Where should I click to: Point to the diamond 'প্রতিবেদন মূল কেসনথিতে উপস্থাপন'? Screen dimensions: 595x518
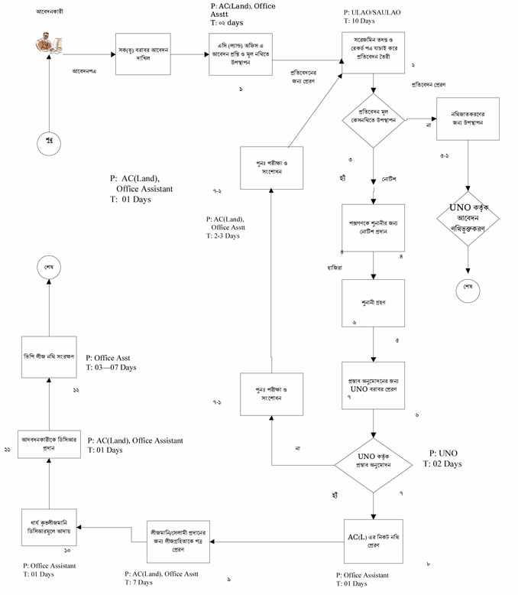coord(373,119)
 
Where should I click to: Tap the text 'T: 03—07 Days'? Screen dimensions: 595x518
coord(111,368)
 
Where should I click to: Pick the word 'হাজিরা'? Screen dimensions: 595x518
coord(335,268)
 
